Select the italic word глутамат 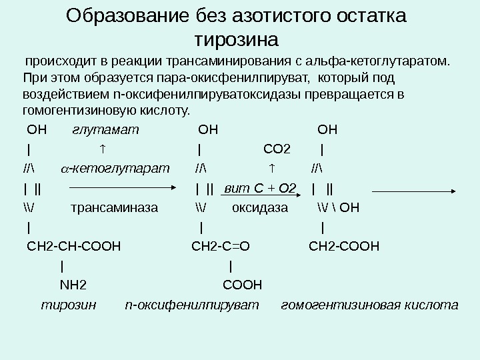pyautogui.click(x=105, y=129)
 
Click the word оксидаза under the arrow pyautogui.click(x=260, y=207)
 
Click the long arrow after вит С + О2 pyautogui.click(x=413, y=191)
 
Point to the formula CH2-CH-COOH pyautogui.click(x=73, y=247)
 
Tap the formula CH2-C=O pyautogui.click(x=221, y=247)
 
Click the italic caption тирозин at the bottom pyautogui.click(x=69, y=306)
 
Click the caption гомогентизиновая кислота pyautogui.click(x=370, y=306)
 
